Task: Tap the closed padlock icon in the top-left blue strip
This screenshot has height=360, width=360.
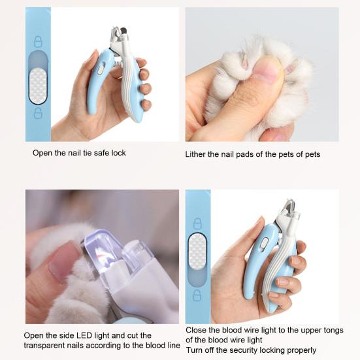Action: (x=38, y=42)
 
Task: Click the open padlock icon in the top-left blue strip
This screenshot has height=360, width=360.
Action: (x=38, y=113)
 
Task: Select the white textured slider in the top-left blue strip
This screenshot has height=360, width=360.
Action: (x=38, y=86)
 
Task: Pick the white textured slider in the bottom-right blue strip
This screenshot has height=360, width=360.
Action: (x=197, y=252)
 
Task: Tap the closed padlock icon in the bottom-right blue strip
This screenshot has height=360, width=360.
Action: (x=197, y=223)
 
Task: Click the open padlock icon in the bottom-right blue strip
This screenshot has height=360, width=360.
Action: (x=197, y=295)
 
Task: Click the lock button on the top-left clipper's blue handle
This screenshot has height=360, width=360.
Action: (x=101, y=69)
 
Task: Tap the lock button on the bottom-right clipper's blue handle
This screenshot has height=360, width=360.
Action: (x=265, y=244)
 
